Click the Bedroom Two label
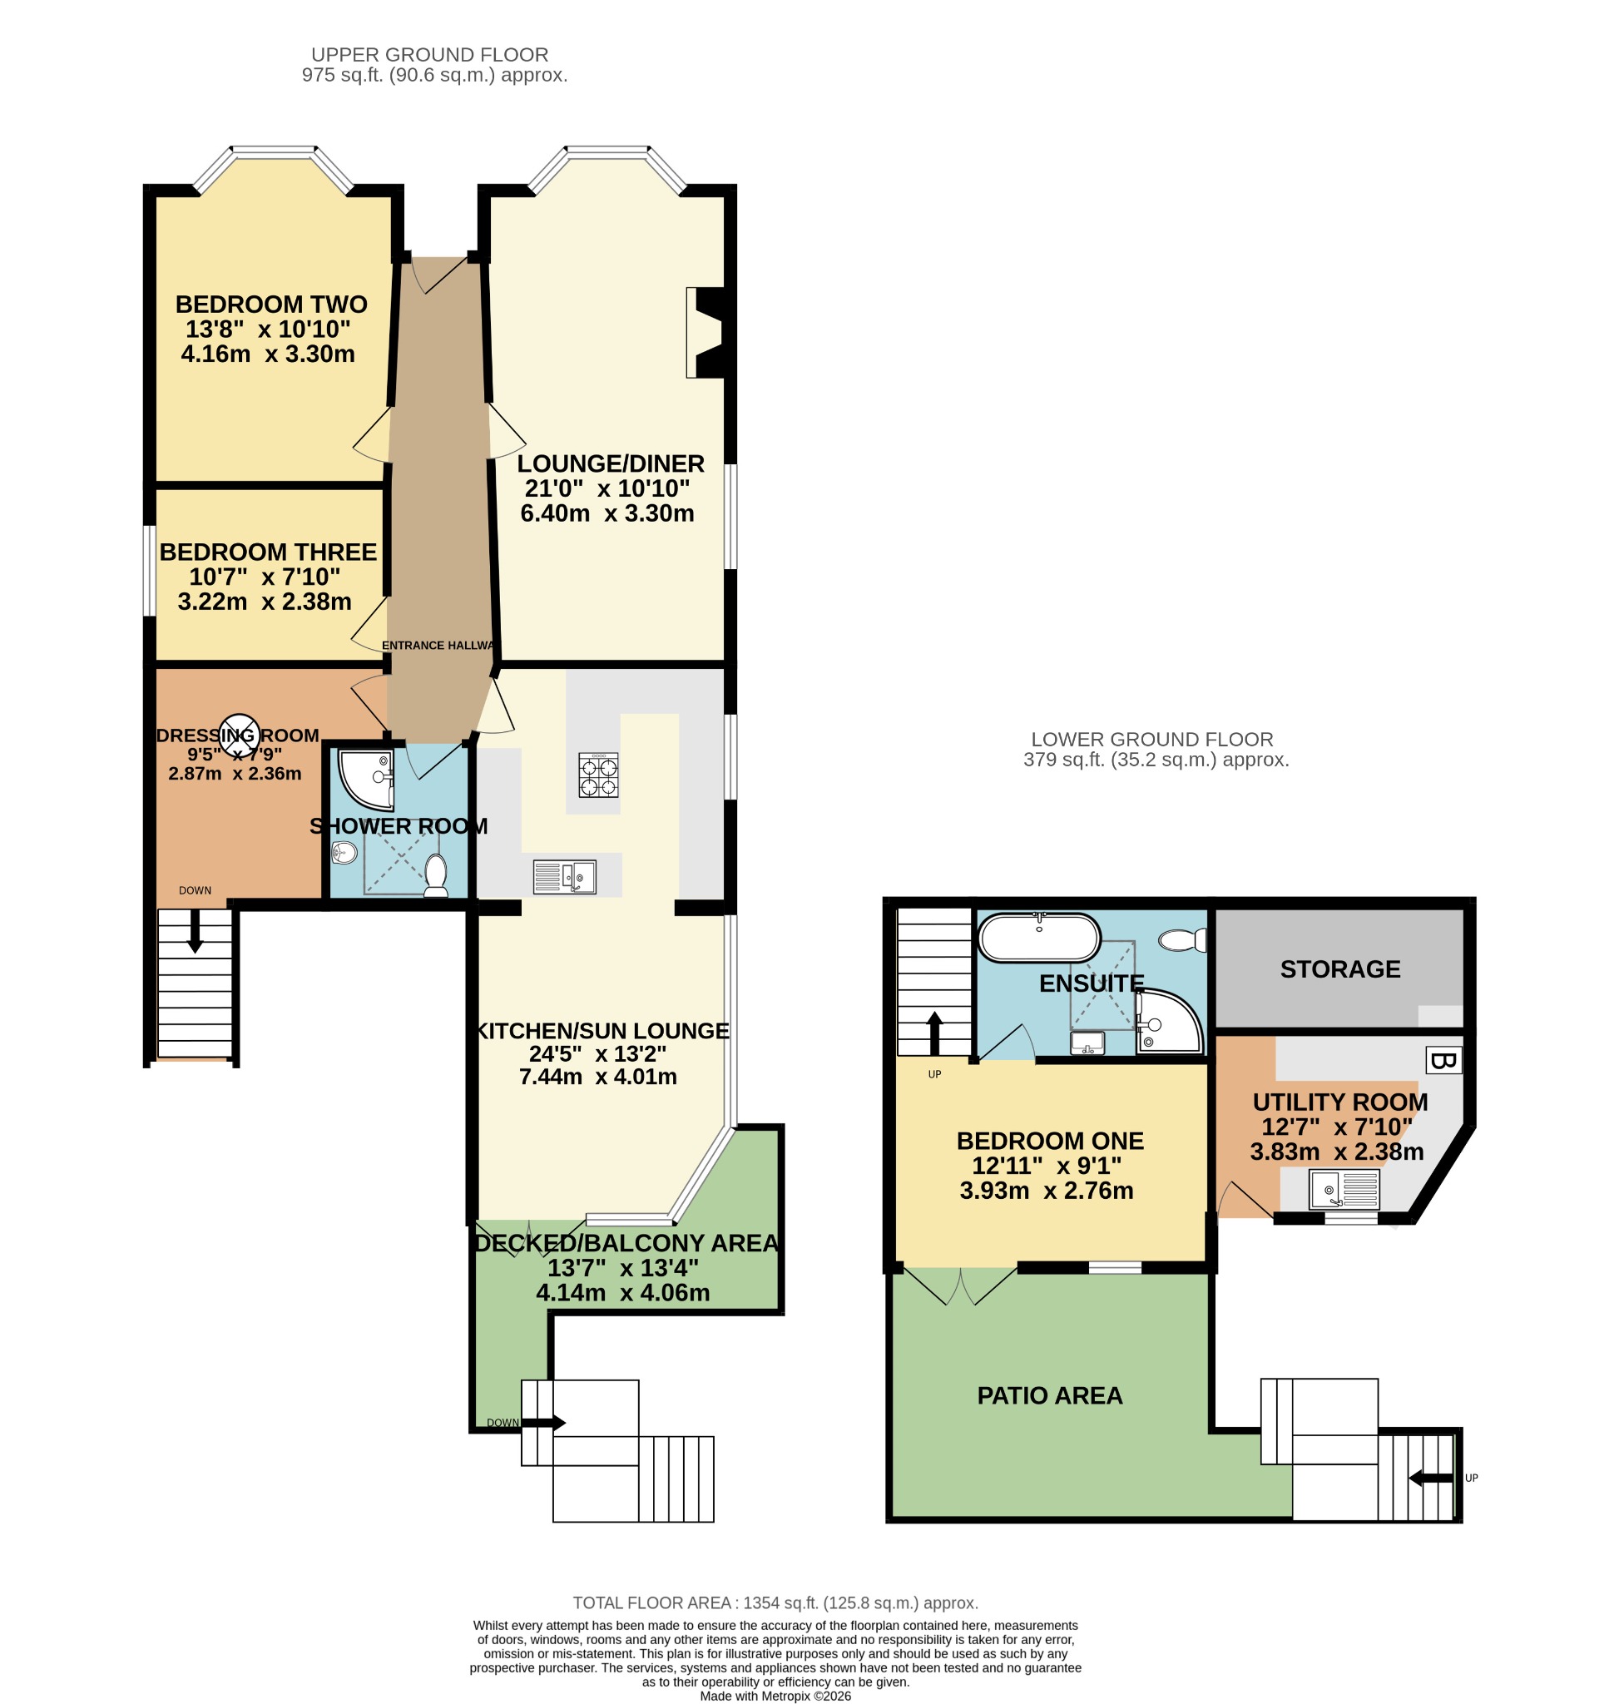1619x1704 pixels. (271, 304)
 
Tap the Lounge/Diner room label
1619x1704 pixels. (610, 463)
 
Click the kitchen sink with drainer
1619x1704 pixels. (564, 877)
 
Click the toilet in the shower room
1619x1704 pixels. (436, 875)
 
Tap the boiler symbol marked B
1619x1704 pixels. (1443, 1061)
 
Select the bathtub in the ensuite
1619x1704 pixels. (1039, 938)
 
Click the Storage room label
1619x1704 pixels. (1339, 969)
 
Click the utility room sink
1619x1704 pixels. (1344, 1189)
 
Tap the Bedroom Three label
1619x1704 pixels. (268, 552)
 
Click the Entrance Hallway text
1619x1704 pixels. (438, 646)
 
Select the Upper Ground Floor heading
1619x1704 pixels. (430, 54)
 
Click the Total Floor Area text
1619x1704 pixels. (775, 1603)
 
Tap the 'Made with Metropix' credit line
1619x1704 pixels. (775, 1697)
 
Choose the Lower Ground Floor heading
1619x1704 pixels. (1152, 739)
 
